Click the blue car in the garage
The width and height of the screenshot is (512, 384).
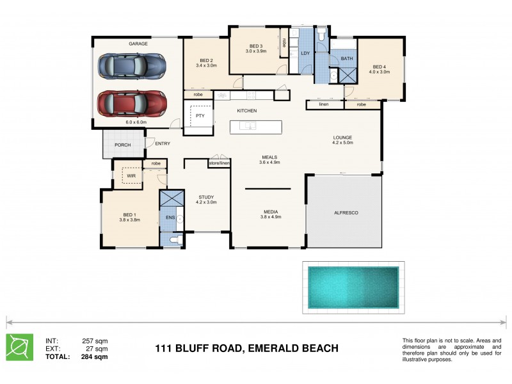(x=132, y=65)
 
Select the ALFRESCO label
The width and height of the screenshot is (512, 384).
(x=346, y=212)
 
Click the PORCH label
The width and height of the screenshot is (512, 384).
(x=122, y=145)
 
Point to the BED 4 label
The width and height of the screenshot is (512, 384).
(x=380, y=67)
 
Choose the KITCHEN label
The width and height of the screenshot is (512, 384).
(x=247, y=111)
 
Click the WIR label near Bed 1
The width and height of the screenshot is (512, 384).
(x=131, y=175)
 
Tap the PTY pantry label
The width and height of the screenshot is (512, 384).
(x=200, y=116)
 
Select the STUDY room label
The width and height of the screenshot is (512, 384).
(x=206, y=196)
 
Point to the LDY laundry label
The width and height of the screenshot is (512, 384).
(x=305, y=52)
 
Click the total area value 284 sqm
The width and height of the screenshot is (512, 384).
(x=95, y=356)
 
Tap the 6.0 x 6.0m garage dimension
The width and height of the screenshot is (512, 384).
(x=136, y=122)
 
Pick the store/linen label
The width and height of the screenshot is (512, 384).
(x=219, y=164)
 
